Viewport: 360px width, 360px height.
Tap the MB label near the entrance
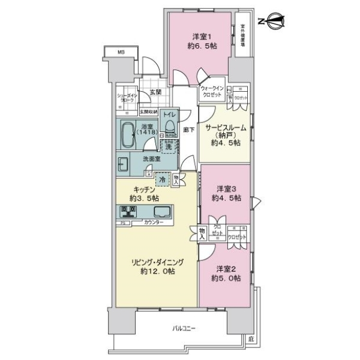[x=121, y=53]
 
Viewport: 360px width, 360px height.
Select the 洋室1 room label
[x=200, y=35]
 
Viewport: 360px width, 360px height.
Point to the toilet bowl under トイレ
[x=170, y=126]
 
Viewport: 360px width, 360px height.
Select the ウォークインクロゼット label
[x=212, y=91]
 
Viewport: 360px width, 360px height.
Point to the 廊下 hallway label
[x=188, y=130]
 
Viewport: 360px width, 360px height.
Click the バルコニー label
[x=184, y=328]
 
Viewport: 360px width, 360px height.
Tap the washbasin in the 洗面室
[x=123, y=163]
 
